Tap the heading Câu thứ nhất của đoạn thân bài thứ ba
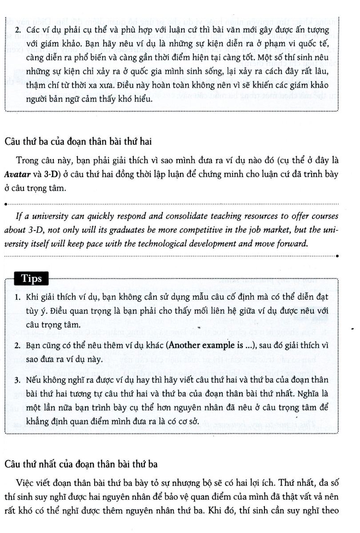81,464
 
